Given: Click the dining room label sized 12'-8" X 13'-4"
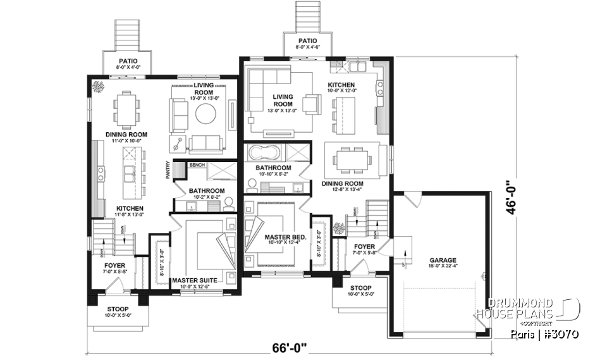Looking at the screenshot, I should point(341,184).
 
